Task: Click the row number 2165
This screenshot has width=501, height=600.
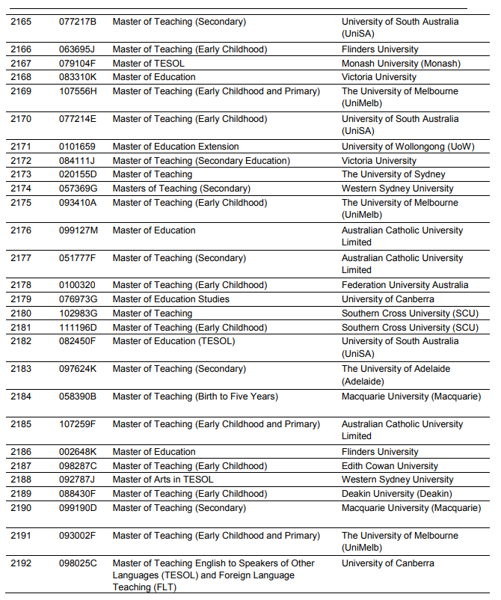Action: [x=21, y=22]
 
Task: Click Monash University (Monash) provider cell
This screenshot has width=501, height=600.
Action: [x=401, y=64]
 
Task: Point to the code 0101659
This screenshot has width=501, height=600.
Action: [x=78, y=147]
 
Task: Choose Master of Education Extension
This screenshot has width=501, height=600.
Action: [x=176, y=147]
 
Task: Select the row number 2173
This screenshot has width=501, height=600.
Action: [x=21, y=174]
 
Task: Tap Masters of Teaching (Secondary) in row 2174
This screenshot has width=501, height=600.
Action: [x=182, y=189]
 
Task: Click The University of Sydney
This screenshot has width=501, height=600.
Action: [x=393, y=174]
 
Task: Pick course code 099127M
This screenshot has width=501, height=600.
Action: [x=79, y=230]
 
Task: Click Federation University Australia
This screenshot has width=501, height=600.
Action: [x=405, y=285]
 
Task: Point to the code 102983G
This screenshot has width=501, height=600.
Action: [x=79, y=313]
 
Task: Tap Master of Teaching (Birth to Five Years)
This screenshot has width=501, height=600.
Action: [x=195, y=397]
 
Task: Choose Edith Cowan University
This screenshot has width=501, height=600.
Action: [x=390, y=466]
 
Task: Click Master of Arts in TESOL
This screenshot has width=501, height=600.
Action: [x=163, y=480]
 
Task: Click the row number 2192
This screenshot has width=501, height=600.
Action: [x=21, y=563]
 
